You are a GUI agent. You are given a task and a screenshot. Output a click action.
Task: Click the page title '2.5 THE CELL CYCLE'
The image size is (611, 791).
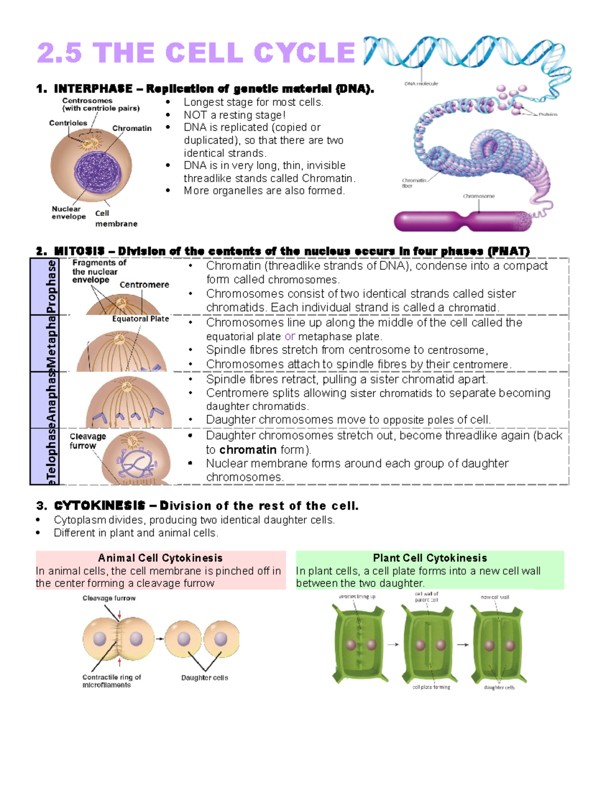tap(196, 53)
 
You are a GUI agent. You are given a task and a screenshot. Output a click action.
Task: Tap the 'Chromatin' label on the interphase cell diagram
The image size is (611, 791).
tap(132, 128)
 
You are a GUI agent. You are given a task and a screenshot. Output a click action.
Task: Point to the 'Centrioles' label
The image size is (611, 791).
tap(68, 123)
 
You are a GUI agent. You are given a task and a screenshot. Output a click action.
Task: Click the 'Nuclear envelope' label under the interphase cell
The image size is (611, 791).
tap(68, 212)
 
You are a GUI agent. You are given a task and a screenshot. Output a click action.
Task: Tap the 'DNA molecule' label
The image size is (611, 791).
tap(421, 84)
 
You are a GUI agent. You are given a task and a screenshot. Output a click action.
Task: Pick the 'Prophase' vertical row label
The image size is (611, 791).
tap(51, 286)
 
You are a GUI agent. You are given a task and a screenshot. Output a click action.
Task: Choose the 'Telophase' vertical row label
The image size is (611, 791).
tap(51, 456)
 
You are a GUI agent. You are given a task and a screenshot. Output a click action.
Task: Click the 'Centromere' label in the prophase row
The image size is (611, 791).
tap(144, 285)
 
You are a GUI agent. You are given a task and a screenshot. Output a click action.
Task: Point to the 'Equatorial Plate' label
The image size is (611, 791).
tap(141, 319)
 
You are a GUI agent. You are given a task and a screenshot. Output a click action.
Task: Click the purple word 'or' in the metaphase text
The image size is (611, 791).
tap(289, 337)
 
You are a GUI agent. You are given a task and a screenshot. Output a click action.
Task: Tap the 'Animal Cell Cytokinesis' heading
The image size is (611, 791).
tap(160, 558)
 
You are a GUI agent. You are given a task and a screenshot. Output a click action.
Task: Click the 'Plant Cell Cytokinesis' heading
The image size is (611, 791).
tap(430, 558)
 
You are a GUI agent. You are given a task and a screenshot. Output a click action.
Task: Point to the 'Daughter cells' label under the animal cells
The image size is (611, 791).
tap(204, 678)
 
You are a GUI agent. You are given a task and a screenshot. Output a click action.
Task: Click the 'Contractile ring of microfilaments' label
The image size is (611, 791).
tap(111, 681)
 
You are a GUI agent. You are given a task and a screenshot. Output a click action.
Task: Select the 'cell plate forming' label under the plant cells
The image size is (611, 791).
tap(431, 687)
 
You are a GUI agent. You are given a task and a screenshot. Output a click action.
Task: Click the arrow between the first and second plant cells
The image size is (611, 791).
tap(393, 645)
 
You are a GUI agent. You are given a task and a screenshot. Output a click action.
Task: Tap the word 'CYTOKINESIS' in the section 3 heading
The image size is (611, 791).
tap(99, 506)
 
